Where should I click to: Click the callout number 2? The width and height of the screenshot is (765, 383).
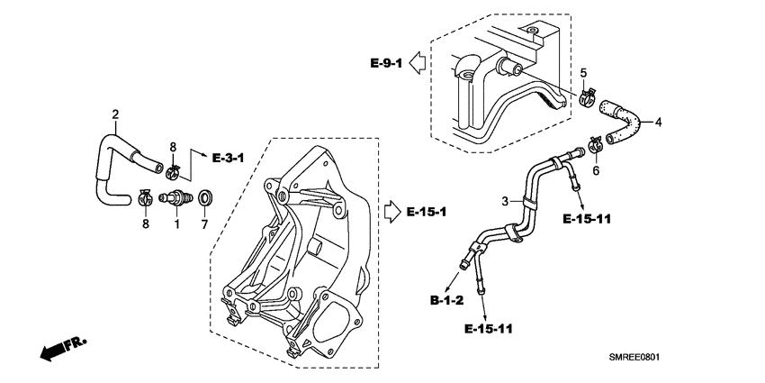click(115, 114)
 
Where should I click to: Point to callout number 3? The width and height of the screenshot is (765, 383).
click(505, 199)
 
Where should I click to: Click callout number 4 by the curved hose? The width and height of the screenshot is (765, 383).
click(659, 123)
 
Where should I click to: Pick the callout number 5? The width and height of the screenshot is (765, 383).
click(583, 72)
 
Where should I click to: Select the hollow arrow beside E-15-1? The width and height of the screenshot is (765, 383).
click(392, 212)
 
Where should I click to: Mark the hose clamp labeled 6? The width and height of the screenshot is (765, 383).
click(595, 144)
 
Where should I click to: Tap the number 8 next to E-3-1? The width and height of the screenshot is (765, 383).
click(173, 146)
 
